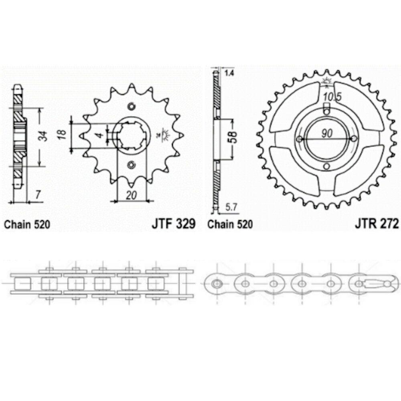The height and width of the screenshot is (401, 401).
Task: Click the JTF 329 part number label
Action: [173, 224]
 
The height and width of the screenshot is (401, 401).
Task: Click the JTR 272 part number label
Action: [377, 224]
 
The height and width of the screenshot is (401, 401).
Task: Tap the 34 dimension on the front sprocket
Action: [45, 136]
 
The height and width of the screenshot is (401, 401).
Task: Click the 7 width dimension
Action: [37, 195]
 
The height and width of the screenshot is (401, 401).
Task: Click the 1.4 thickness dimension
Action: [229, 73]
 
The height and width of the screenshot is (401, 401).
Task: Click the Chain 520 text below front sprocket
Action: [27, 225]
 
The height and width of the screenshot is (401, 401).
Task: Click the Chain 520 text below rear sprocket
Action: [230, 225]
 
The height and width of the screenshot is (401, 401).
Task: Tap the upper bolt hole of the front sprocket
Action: [131, 107]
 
